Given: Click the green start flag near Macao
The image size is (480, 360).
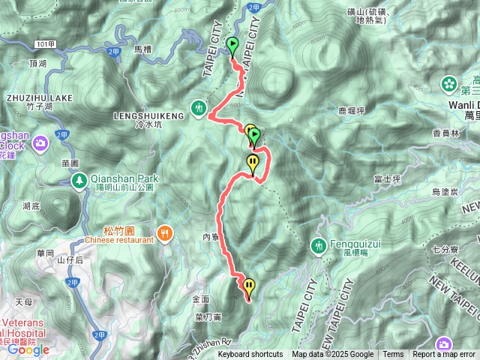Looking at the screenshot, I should click(232, 45).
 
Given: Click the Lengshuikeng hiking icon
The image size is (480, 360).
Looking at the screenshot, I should click(198, 108).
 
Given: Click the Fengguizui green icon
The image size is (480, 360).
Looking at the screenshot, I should click(319, 245).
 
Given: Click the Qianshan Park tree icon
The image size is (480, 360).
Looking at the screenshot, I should click(79, 180).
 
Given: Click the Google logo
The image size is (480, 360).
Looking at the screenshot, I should click(28, 349).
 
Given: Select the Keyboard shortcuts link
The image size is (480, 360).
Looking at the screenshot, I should click(250, 355).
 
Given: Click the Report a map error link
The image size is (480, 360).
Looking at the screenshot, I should click(444, 355).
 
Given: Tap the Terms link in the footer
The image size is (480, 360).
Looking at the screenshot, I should click(393, 355).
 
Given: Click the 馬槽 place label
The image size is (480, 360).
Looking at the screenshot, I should click(142, 49).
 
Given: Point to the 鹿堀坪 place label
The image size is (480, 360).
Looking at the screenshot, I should click(351, 111).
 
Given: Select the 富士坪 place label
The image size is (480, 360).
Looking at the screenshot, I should click(388, 179).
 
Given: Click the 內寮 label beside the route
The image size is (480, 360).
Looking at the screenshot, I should click(210, 236).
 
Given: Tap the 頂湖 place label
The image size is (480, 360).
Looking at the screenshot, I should click(37, 64).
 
